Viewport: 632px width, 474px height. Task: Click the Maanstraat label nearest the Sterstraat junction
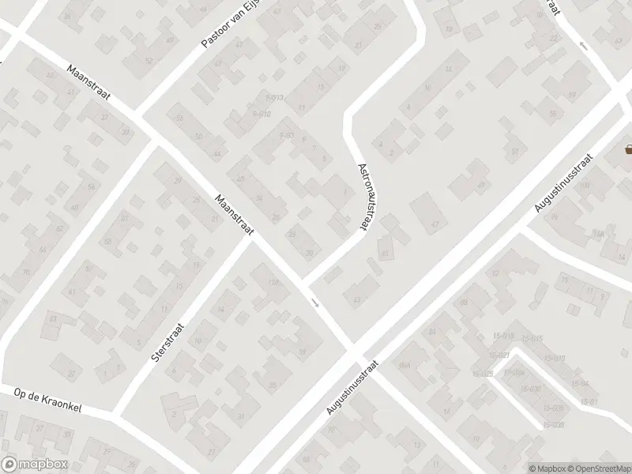pyautogui.click(x=232, y=216)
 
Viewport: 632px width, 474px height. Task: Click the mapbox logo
pyautogui.click(x=33, y=464)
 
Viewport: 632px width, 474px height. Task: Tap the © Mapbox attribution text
pyautogui.click(x=547, y=468)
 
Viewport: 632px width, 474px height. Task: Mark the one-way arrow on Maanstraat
pyautogui.click(x=314, y=303)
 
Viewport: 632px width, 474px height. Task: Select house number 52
pyautogui.click(x=148, y=61)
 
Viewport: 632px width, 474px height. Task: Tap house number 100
pyautogui.click(x=585, y=184)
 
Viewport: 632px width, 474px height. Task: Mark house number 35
pyautogui.click(x=273, y=385)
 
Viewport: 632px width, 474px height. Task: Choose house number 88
pyautogui.click(x=464, y=303)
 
